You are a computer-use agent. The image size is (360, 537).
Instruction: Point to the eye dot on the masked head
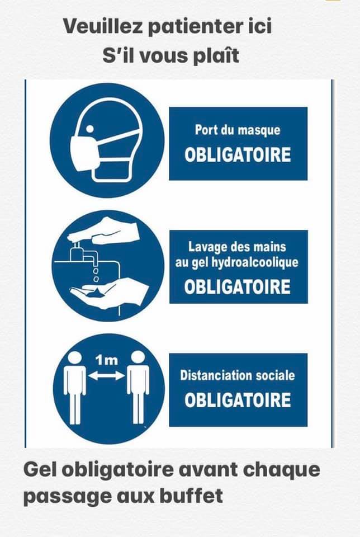[x=89, y=129]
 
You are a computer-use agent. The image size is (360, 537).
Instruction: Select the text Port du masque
[x=238, y=130]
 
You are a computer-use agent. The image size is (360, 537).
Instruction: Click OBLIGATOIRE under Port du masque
[x=238, y=155]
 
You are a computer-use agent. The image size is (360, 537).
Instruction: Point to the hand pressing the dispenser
[x=105, y=230]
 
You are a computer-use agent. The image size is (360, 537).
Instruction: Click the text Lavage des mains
[x=237, y=247]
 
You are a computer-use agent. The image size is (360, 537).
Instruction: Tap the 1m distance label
[x=106, y=360]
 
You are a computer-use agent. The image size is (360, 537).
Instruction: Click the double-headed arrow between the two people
[x=106, y=376]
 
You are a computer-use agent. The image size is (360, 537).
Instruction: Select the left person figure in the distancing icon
[x=75, y=388]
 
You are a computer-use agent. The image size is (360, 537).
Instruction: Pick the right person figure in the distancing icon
[x=138, y=387]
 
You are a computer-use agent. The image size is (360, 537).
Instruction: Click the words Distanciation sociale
[x=238, y=376]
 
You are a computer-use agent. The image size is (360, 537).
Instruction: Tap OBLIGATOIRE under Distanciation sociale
[x=238, y=400]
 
